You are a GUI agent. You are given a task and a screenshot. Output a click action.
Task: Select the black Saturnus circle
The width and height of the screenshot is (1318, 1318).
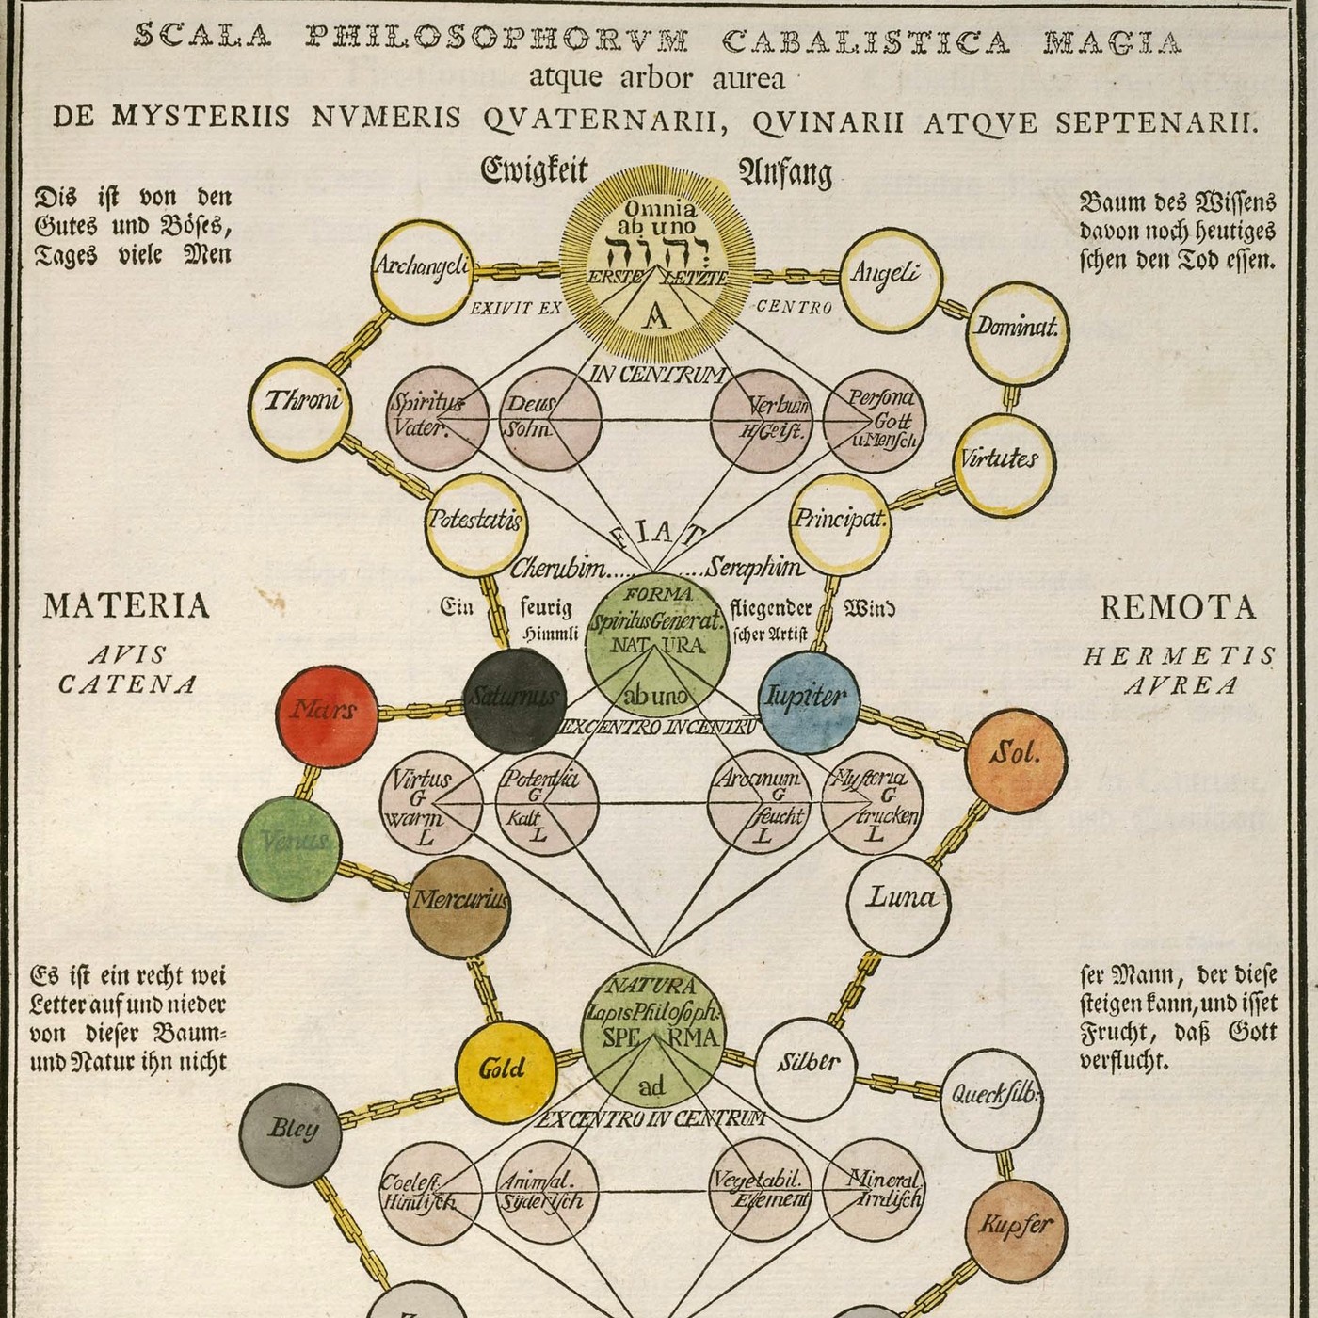tap(515, 699)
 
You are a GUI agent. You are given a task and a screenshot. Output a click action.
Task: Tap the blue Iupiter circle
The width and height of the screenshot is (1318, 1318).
tap(808, 699)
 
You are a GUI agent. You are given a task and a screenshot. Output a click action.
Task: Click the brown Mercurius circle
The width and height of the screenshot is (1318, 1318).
tap(458, 907)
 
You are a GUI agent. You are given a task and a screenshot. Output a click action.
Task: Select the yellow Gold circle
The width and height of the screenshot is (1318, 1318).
tap(506, 1071)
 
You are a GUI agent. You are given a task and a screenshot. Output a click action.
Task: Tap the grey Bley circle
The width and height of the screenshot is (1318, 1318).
tap(291, 1133)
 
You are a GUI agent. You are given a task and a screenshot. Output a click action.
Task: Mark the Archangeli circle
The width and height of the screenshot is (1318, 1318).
tap(422, 271)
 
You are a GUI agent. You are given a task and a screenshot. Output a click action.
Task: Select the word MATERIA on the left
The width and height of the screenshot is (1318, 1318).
tap(126, 606)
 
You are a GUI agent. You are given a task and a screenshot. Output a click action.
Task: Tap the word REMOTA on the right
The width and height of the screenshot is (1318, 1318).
tap(1178, 608)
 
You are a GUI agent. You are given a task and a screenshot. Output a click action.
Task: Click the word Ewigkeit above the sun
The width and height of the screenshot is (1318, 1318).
tap(535, 171)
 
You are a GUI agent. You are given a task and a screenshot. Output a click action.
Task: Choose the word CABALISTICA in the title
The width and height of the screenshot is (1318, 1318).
tap(866, 41)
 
